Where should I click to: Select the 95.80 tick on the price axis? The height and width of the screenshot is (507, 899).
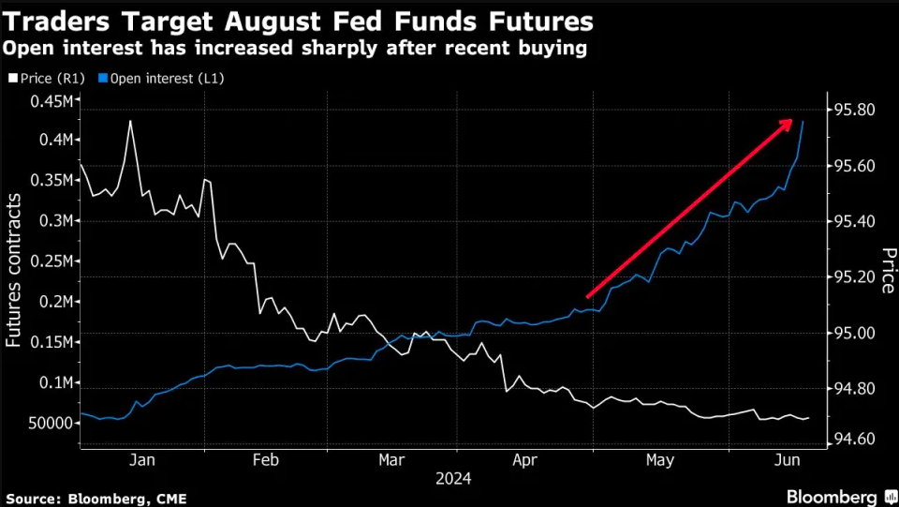point(854,110)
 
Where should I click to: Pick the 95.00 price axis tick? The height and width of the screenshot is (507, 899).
point(854,334)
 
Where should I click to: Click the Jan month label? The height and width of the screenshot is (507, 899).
point(140,460)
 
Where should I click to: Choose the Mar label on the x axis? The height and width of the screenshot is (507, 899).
point(391,460)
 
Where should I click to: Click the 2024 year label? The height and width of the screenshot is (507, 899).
point(453,478)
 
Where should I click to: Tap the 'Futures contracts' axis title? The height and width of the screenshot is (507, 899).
point(14,272)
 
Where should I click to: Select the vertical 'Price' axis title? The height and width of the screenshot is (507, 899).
point(886,270)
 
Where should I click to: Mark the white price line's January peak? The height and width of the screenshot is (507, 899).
point(130,121)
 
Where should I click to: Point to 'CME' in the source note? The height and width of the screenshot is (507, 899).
point(169,497)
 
